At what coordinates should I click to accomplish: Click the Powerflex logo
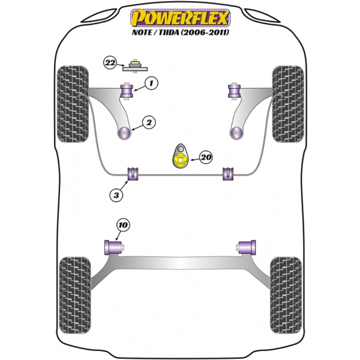180,18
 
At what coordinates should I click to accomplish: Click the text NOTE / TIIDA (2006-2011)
181,32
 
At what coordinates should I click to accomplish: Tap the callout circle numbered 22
110,62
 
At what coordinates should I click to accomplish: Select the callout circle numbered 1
151,83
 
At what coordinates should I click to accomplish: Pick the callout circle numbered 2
149,122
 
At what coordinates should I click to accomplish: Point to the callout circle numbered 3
116,195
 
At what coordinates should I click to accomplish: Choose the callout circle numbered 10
123,225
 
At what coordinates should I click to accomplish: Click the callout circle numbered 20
206,157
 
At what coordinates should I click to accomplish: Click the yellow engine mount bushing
180,160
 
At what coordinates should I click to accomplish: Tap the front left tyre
73,104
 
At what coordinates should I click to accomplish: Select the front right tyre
288,104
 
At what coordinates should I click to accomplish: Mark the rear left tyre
75,295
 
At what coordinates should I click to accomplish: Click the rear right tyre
286,295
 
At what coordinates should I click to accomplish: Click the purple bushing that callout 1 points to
127,91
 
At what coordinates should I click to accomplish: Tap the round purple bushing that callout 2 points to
124,133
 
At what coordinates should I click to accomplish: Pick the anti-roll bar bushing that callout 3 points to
133,174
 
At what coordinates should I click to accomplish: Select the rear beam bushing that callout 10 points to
113,247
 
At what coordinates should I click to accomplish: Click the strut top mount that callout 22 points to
135,67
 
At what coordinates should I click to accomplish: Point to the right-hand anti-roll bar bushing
229,174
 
